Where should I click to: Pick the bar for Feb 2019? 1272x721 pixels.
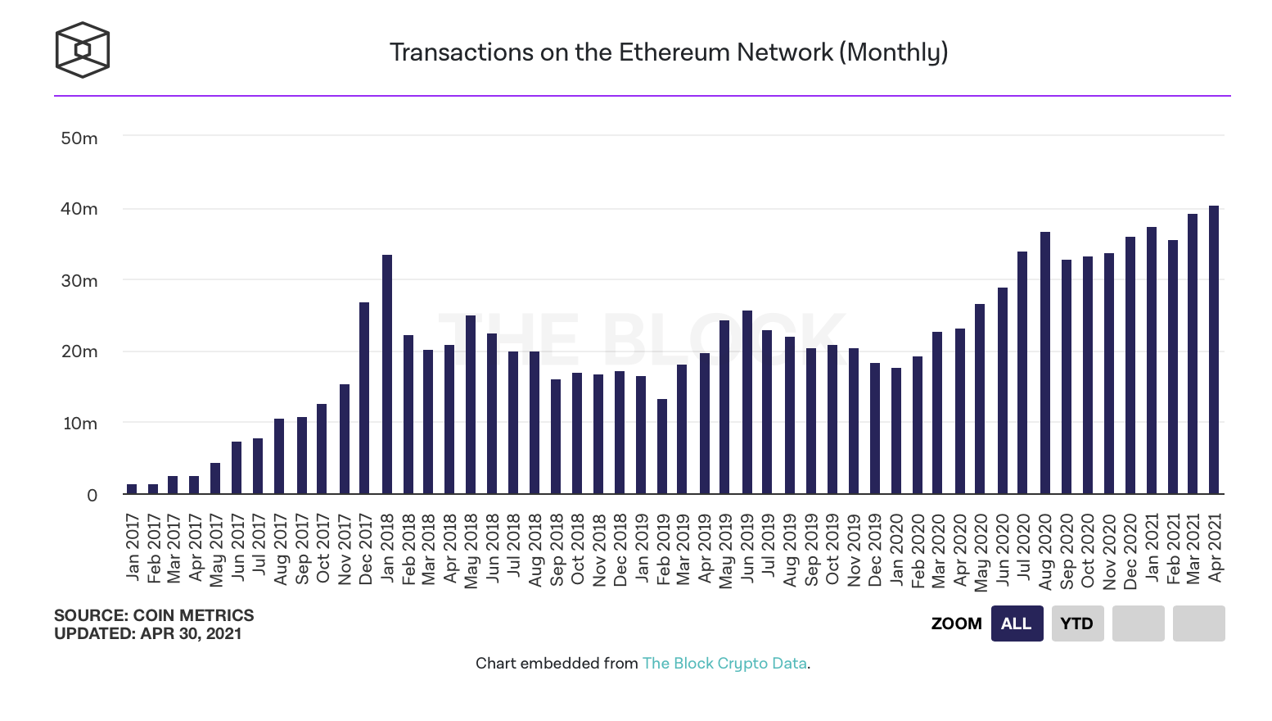(662, 447)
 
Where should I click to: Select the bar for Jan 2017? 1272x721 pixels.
(132, 489)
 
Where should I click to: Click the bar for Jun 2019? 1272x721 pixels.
(747, 402)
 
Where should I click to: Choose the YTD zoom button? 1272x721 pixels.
(1077, 624)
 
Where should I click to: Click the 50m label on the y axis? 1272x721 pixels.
(79, 138)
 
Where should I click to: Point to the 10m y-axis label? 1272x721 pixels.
(80, 424)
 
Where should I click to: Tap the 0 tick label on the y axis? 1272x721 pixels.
(92, 495)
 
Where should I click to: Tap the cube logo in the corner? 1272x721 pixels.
(82, 50)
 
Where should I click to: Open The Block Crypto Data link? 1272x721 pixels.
(724, 664)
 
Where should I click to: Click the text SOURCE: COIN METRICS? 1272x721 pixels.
(154, 615)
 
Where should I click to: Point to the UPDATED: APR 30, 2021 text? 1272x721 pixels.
(148, 633)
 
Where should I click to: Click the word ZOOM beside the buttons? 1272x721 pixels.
(956, 624)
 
